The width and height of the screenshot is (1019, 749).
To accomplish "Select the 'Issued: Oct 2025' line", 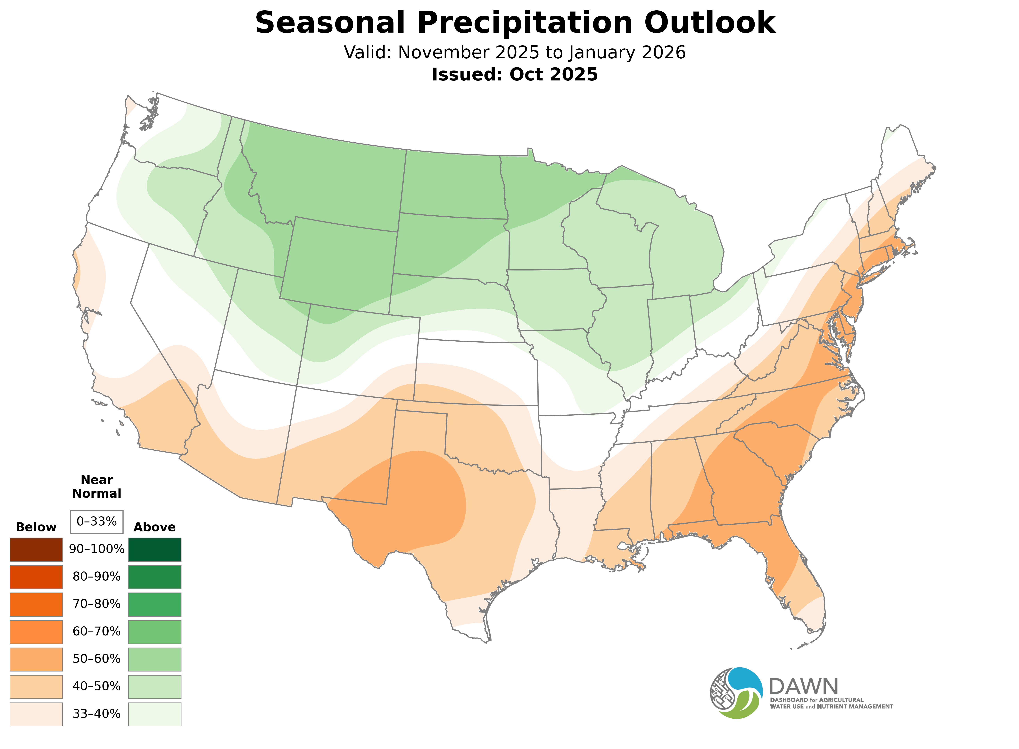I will (515, 74).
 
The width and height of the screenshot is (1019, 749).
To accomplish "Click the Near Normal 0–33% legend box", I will (96, 521).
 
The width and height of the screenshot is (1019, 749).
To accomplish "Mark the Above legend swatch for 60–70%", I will (155, 632).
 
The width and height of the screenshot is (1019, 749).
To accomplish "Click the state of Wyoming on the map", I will (338, 263).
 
